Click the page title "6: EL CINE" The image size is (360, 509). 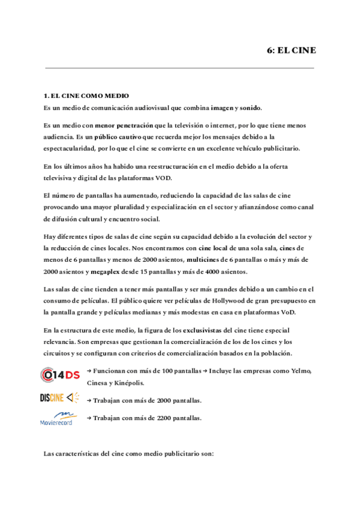pyautogui.click(x=291, y=50)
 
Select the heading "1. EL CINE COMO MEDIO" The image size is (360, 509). pyautogui.click(x=86, y=96)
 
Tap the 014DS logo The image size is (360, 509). pyautogui.click(x=60, y=375)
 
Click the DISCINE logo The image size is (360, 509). pyautogui.click(x=60, y=397)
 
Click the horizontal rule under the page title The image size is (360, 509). pyautogui.click(x=179, y=68)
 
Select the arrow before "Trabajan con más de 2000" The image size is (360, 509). pyautogui.click(x=89, y=400)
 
